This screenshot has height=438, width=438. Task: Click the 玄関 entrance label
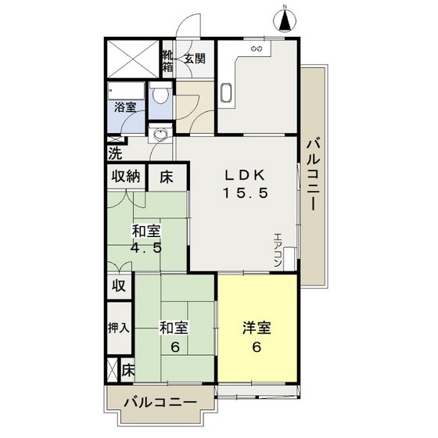(x=195, y=59)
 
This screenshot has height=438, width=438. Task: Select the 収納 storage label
(x=125, y=176)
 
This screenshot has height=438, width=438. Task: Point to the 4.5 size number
(x=146, y=251)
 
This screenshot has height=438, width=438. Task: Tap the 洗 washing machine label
(x=115, y=152)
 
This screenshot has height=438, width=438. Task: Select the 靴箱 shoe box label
(x=168, y=62)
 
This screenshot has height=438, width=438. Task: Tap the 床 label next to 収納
(x=167, y=176)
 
